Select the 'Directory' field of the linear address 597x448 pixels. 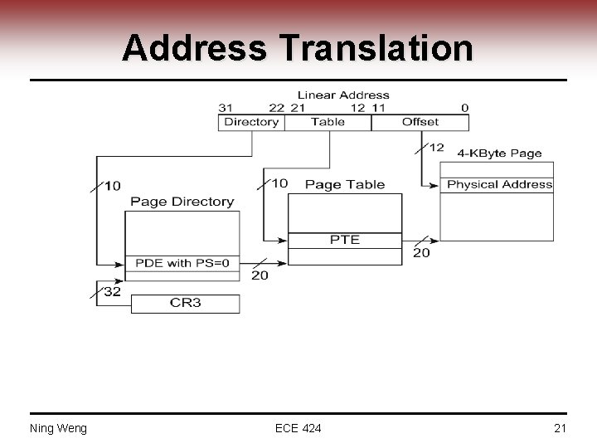tap(251, 122)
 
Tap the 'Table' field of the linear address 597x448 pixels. tap(328, 122)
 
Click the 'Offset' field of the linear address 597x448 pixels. tap(420, 122)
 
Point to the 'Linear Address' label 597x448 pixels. tap(343, 95)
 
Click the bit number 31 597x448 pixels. tap(226, 108)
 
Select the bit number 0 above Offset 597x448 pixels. tap(464, 108)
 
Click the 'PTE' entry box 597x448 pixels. tap(345, 240)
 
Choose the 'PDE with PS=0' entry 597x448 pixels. tap(182, 263)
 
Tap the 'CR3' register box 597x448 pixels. tap(186, 303)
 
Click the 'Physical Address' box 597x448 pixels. tap(498, 185)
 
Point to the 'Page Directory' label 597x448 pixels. tap(182, 202)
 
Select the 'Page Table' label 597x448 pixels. tap(345, 184)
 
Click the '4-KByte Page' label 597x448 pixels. tap(499, 153)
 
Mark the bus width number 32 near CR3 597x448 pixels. tap(112, 291)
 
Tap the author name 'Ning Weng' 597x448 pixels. tap(58, 428)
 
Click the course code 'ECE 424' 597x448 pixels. tap(298, 428)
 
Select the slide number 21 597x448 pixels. tap(559, 428)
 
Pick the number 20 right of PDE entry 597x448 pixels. tap(260, 275)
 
